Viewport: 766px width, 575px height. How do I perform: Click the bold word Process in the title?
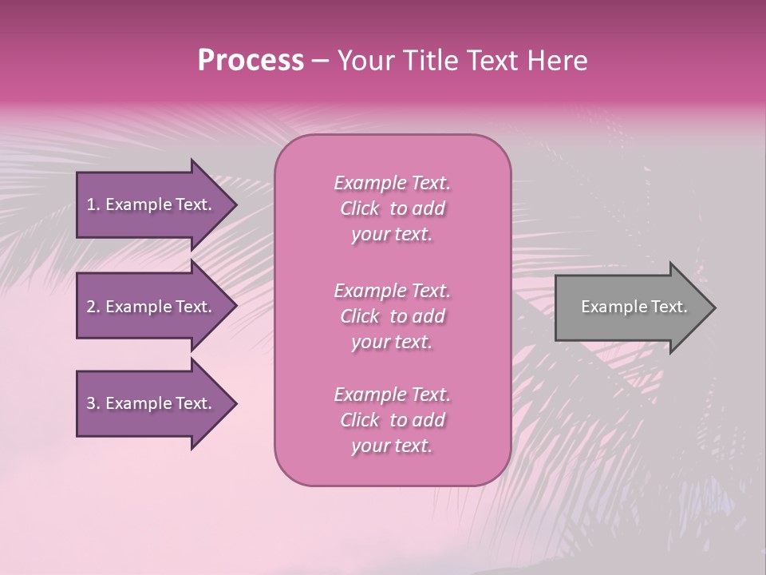251,61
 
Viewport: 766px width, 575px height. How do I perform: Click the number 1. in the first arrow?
93,204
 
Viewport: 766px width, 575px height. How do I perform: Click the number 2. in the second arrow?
93,307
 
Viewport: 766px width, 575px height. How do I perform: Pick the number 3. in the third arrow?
93,403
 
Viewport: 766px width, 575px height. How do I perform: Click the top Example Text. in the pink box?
392,183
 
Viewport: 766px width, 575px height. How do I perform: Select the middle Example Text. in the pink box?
392,290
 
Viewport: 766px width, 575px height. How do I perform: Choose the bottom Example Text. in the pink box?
392,395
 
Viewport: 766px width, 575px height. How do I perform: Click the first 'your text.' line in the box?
392,235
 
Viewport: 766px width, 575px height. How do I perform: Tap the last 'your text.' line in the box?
392,446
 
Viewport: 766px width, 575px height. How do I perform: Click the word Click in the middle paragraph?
360,316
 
